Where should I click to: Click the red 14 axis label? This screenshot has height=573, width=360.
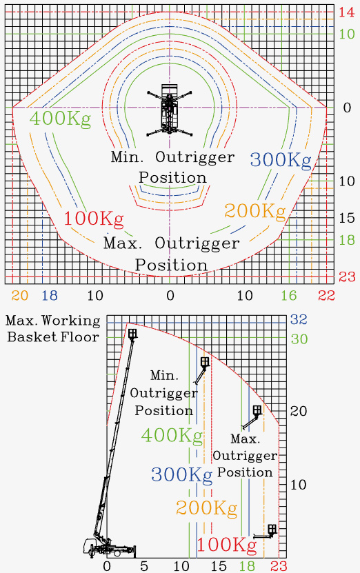[346, 12]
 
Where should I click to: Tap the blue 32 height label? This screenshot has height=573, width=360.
[299, 319]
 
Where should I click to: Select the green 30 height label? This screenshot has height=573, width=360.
[299, 339]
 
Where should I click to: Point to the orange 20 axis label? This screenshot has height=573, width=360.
[20, 295]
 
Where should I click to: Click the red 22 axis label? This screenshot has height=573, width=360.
[326, 295]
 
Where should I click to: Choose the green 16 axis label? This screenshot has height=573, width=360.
[289, 295]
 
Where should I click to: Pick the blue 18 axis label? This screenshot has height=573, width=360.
[50, 295]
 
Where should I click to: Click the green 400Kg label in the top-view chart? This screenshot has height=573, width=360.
[60, 119]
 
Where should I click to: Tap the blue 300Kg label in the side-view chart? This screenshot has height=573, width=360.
[181, 474]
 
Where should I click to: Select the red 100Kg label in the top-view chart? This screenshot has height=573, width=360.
[94, 219]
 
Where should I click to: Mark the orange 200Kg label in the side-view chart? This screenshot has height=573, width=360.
[206, 508]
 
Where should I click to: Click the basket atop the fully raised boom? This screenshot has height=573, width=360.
[132, 334]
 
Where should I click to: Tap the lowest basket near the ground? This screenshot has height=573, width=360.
[272, 529]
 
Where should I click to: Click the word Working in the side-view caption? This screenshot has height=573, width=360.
[71, 321]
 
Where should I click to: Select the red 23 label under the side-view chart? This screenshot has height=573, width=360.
[279, 566]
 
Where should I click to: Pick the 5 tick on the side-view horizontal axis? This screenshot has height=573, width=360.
[144, 566]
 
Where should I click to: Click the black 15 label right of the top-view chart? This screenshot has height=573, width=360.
[346, 218]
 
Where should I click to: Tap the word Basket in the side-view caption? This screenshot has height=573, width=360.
[28, 336]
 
